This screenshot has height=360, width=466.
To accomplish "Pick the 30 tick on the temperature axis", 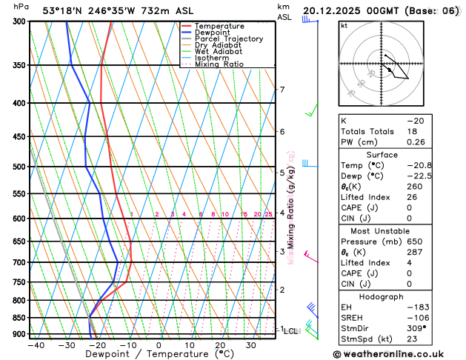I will [251, 345].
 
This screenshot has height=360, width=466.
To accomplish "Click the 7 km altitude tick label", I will [282, 90].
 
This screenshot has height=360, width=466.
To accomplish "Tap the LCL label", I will [290, 331].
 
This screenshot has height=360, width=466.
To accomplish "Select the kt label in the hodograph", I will [344, 25].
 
